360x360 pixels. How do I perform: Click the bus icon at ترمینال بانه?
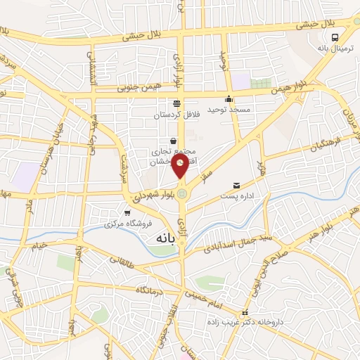pyautogui.click(x=335, y=37)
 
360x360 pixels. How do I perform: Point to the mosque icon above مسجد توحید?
pyautogui.click(x=229, y=99)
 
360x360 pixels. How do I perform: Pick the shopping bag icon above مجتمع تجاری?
pyautogui.click(x=173, y=141)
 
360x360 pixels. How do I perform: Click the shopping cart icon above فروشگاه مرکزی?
pyautogui.click(x=127, y=213)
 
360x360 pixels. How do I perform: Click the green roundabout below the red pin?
pyautogui.click(x=182, y=193)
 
